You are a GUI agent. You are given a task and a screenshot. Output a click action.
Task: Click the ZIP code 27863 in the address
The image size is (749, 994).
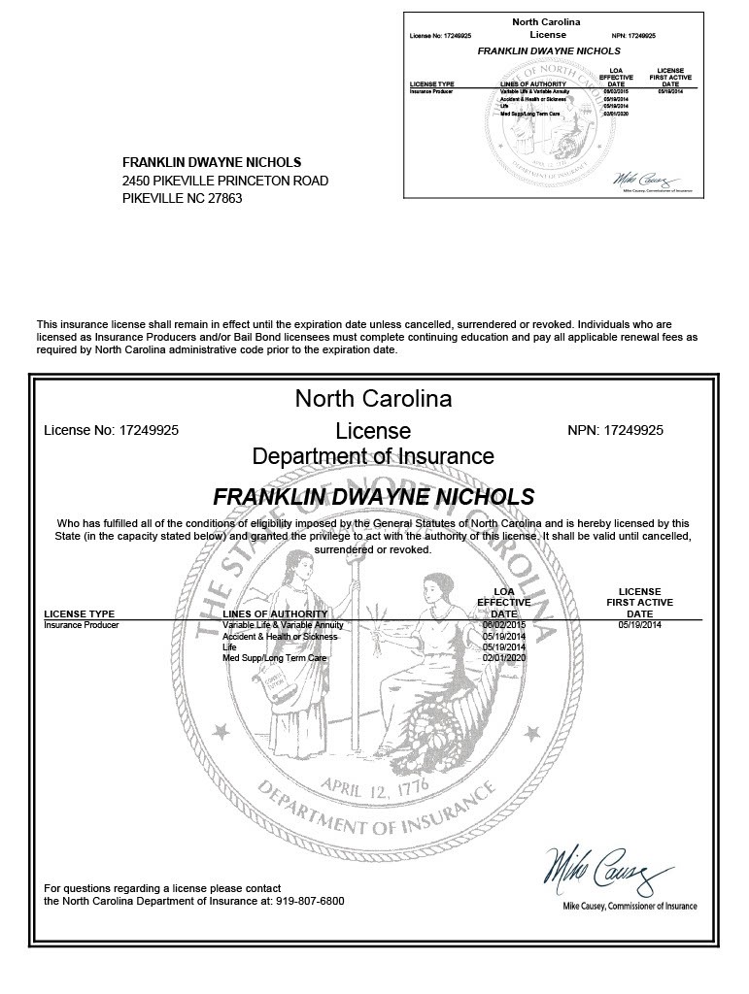coord(225,198)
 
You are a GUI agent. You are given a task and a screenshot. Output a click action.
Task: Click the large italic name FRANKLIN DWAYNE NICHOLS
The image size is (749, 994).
coord(373,497)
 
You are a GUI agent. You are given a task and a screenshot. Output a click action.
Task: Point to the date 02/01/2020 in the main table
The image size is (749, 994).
coord(503,658)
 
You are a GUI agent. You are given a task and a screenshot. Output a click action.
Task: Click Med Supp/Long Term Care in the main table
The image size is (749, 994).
coord(275,658)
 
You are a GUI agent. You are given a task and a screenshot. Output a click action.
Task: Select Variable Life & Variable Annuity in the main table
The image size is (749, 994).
coord(283,626)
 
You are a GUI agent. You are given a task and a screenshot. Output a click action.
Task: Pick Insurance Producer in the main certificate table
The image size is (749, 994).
coord(82,626)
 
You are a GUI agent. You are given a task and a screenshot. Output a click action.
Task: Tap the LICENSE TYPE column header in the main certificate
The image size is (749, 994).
coord(80,613)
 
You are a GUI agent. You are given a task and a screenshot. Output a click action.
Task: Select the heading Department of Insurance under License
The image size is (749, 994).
coord(373,456)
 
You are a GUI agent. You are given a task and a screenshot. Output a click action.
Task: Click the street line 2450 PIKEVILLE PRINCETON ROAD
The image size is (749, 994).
coord(225,181)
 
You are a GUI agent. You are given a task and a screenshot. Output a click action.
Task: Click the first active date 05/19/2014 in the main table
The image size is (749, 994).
coord(639,626)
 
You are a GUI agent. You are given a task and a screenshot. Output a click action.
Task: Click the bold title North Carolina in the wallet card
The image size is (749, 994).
coord(547,21)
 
